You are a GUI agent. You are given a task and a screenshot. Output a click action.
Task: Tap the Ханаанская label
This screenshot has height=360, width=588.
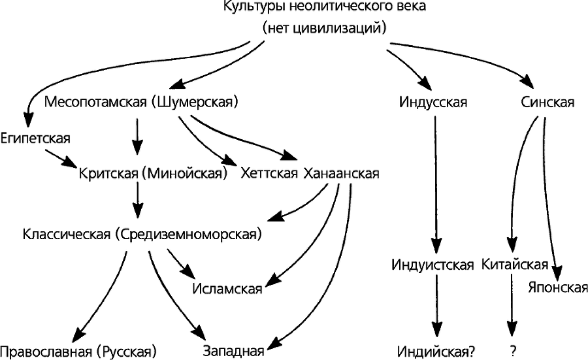click(x=341, y=174)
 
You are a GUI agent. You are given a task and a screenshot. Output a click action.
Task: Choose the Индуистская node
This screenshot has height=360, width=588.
click(x=433, y=265)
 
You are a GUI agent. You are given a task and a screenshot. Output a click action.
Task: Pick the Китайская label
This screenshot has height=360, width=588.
click(x=514, y=265)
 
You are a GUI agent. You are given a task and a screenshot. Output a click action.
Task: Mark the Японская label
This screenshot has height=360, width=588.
click(x=557, y=287)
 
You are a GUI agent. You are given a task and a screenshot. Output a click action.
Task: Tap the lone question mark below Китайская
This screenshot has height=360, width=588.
click(x=514, y=352)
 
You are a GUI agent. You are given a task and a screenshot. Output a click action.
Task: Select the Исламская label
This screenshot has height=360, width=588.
click(x=227, y=289)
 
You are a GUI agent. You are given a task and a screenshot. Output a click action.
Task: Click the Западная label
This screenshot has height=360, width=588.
click(x=233, y=352)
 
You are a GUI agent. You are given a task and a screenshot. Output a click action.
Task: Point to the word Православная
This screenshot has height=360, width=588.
click(x=46, y=352)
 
